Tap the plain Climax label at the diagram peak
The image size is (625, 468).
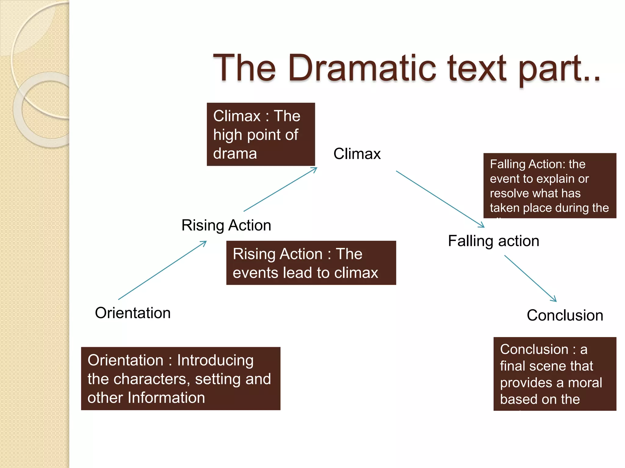357,154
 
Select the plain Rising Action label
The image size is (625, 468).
226,225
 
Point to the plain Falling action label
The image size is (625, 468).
493,241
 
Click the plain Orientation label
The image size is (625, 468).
133,313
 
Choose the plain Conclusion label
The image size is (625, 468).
565,315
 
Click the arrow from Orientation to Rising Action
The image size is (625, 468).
162,270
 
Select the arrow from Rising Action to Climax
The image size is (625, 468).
280,190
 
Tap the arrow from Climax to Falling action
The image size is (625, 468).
440,199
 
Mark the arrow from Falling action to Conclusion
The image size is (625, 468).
530,278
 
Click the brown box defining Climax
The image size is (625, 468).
261,134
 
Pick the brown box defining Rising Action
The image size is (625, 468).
311,263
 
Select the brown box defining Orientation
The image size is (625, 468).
180,379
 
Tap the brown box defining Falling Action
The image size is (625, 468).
550,186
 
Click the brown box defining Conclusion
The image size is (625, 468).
555,374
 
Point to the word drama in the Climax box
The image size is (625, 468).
235,154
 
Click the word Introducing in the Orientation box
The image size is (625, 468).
215,360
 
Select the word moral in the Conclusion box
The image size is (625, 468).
585,383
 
